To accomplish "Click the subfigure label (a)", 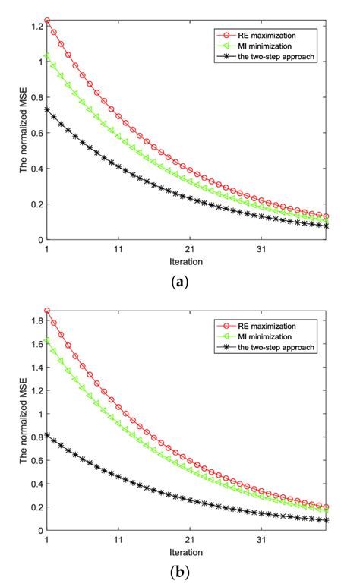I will [x=181, y=282].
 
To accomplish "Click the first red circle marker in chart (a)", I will [x=47, y=21].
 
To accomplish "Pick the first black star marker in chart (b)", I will [x=47, y=436].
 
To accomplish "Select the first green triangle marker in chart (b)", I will [x=47, y=339].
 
